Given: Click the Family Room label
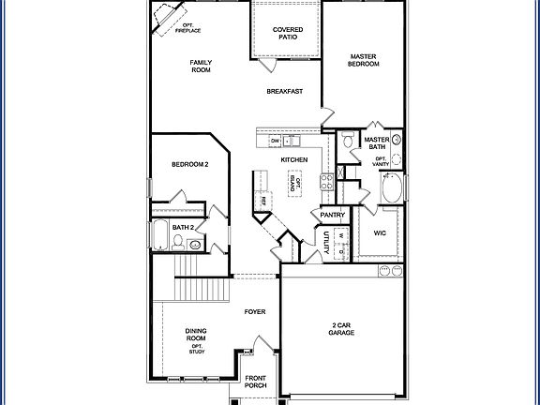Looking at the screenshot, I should click(201, 67).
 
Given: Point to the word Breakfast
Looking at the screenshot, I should click(283, 91).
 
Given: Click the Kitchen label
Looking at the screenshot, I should click(294, 160).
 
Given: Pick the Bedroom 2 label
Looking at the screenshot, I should click(188, 165).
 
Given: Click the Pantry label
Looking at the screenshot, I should click(333, 216).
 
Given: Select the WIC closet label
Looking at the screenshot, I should click(380, 232).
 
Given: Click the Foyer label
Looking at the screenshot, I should click(255, 310).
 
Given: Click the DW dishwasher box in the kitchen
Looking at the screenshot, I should click(276, 141).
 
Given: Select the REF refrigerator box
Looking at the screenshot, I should click(263, 200).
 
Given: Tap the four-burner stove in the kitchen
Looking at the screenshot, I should click(326, 180).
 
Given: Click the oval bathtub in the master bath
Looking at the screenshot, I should click(393, 188).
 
